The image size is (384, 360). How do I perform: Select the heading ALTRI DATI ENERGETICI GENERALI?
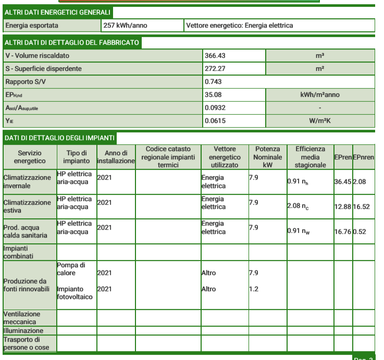(57, 11)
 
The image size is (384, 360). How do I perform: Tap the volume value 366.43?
(215, 56)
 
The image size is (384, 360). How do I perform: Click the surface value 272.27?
(215, 69)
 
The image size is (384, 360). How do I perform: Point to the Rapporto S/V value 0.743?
(214, 82)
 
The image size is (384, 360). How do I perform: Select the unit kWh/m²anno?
(320, 95)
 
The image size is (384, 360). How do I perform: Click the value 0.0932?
(216, 108)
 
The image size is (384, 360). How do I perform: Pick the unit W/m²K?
(320, 121)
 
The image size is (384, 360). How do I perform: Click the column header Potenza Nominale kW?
(267, 157)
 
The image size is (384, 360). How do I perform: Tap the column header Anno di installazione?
(116, 157)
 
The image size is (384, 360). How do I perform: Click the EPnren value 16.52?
(364, 207)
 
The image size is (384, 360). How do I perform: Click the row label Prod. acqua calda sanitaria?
(26, 231)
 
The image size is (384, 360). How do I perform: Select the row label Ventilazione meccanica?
(22, 318)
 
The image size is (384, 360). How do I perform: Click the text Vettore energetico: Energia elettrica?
(240, 25)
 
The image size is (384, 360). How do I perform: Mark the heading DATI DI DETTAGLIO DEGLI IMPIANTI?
(59, 138)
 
